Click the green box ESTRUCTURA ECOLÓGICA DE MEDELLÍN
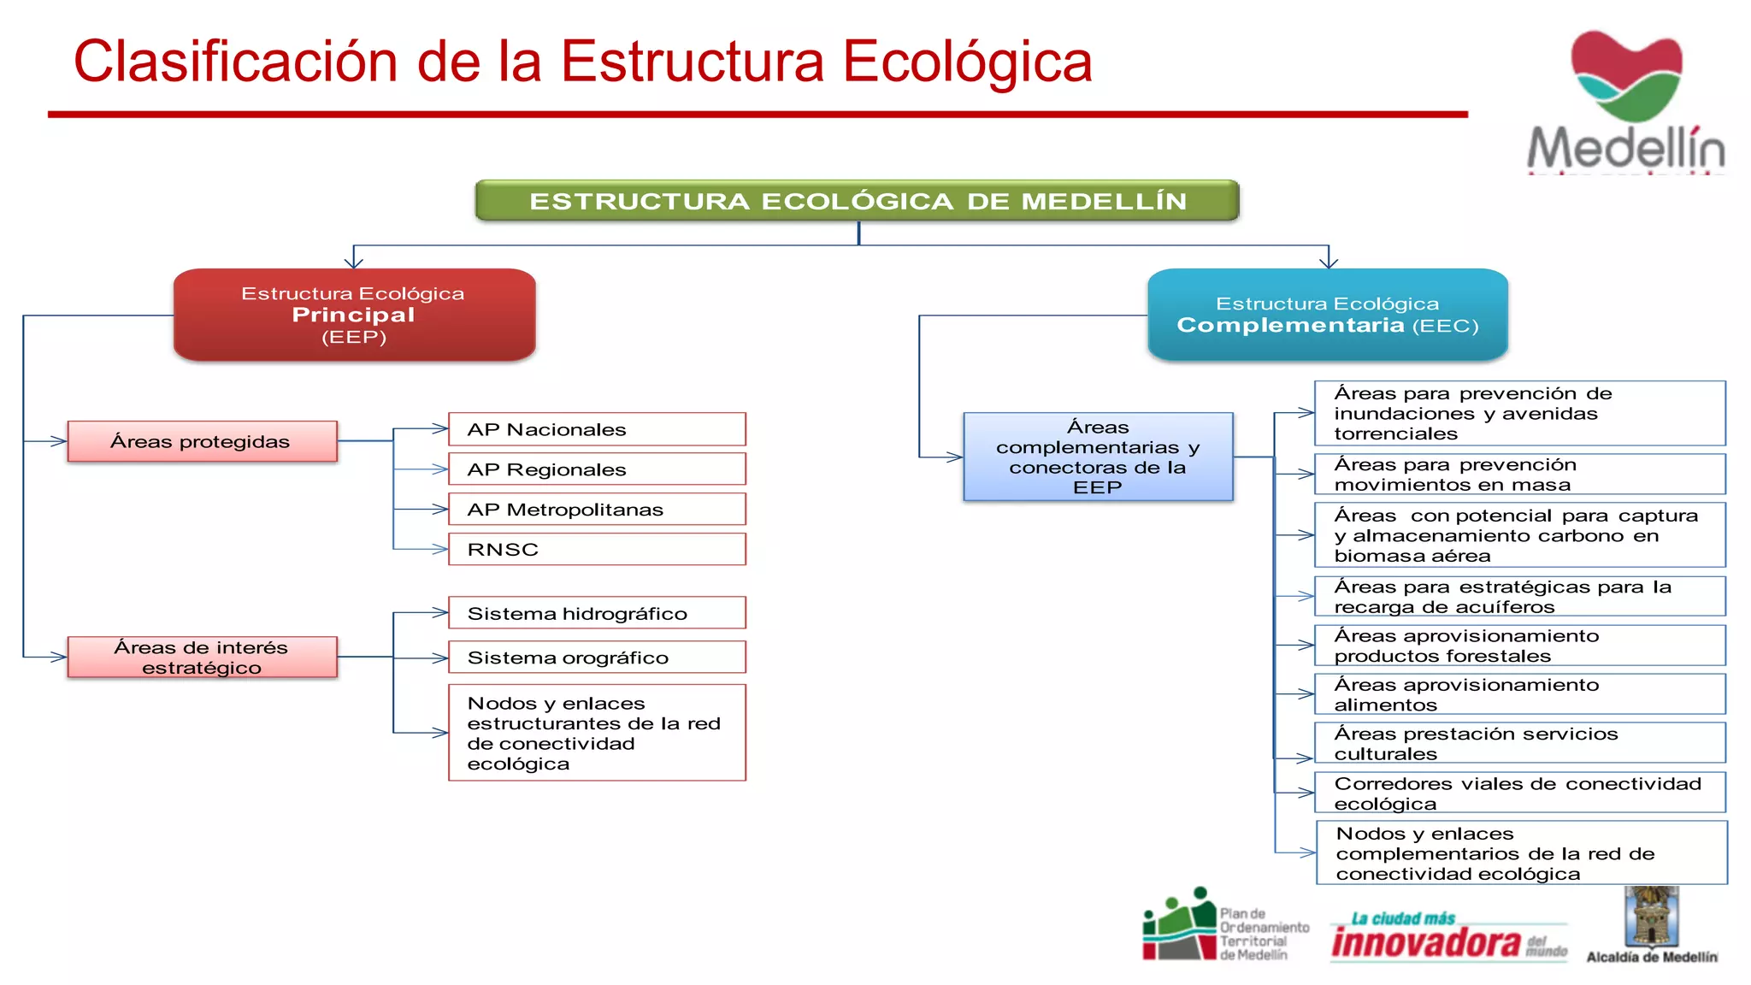(x=857, y=201)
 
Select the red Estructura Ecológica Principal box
(x=354, y=315)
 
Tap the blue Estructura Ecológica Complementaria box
(x=1327, y=315)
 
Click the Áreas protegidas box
(x=202, y=441)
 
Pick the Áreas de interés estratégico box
(x=202, y=657)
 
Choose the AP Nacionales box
(x=597, y=429)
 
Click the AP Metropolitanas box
(x=597, y=510)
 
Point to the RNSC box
(x=597, y=549)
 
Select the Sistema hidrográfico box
(x=597, y=613)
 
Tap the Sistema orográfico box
(x=597, y=658)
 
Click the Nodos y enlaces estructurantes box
(x=597, y=733)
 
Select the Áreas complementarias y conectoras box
(x=1098, y=457)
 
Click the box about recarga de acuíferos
(x=1519, y=597)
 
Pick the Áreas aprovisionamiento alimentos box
(x=1519, y=694)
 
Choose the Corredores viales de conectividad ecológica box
(x=1519, y=793)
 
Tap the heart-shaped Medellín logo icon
(x=1626, y=75)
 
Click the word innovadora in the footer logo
(x=1425, y=943)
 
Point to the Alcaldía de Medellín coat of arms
(x=1651, y=916)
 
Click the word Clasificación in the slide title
(x=235, y=62)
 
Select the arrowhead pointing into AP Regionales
(x=440, y=469)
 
